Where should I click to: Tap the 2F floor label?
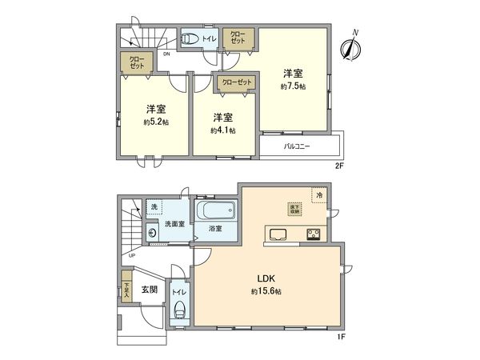pos(338,166)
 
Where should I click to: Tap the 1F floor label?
pos(339,338)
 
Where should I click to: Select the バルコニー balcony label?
pos(298,147)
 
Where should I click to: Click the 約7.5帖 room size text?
pos(293,86)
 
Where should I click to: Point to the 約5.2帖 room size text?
pos(156,122)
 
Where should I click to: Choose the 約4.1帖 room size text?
pos(223,130)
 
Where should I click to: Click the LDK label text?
pos(266,278)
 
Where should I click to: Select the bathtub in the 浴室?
pos(217,213)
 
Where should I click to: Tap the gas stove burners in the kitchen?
pos(314,234)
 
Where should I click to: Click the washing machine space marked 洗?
pos(154,207)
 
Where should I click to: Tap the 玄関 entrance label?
pos(150,289)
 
